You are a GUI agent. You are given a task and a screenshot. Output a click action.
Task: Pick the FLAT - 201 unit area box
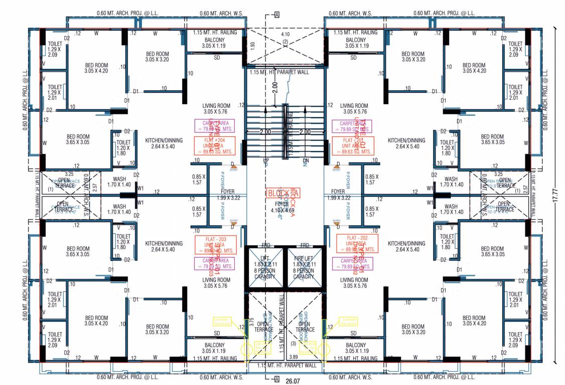pos(355,145)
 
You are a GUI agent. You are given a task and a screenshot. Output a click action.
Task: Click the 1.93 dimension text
pos(253,46)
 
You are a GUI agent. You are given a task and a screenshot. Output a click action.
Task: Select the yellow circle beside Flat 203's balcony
pos(246,349)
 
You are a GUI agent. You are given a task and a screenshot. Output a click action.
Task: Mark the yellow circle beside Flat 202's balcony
pos(324,349)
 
